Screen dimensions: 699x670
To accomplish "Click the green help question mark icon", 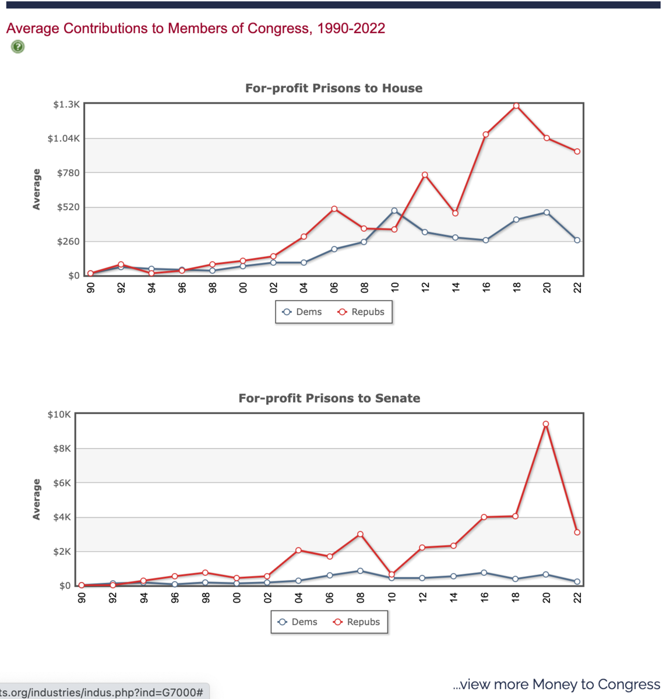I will [18, 47].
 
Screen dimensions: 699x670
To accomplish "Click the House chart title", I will [334, 89].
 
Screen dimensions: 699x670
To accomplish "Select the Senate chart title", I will [329, 398].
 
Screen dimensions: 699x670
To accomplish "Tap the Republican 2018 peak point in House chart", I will [516, 105].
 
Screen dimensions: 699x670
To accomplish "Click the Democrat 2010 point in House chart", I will [394, 211].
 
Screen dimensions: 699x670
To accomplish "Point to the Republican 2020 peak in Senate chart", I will [546, 424].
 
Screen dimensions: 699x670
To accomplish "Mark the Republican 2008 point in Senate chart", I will [361, 534].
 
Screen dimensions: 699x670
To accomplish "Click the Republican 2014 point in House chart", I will [456, 213].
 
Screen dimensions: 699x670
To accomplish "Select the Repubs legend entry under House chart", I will [361, 312].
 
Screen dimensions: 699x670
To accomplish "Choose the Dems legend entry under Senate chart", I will [298, 622].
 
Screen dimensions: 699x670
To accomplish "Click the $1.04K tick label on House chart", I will [64, 139].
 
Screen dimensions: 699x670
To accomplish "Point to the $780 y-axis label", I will [68, 173].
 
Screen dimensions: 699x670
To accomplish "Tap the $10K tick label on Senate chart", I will [59, 415].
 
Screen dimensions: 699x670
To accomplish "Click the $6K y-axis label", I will [62, 483].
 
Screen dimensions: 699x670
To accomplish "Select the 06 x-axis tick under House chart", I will [334, 287].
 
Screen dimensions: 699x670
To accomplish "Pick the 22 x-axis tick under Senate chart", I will [577, 597].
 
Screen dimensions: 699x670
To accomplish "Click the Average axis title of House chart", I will [37, 189].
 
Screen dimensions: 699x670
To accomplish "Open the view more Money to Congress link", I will [556, 684].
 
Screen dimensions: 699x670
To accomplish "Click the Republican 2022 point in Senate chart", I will [577, 532].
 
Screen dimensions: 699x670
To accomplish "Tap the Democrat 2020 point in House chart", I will [546, 213].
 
